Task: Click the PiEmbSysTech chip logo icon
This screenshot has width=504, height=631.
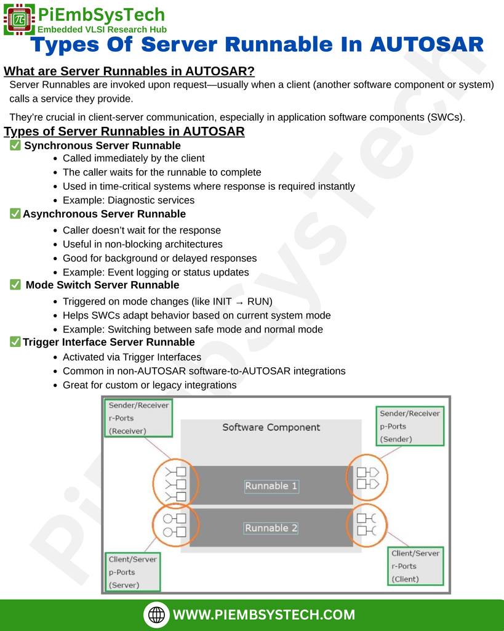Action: (x=19, y=19)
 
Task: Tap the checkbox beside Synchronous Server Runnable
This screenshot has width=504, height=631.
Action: (x=15, y=145)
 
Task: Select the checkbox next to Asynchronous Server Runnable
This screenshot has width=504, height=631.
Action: (x=15, y=213)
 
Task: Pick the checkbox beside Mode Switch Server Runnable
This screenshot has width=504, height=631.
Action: (x=15, y=285)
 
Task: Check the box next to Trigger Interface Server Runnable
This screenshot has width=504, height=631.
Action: (x=15, y=341)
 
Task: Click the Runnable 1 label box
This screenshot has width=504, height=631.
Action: (x=271, y=486)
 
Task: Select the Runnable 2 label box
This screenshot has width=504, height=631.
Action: (x=271, y=528)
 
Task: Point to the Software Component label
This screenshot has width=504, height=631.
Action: (x=271, y=428)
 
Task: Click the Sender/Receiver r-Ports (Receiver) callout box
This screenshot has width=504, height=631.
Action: (x=138, y=418)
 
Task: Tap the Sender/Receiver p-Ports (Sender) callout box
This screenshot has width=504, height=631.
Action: (x=410, y=426)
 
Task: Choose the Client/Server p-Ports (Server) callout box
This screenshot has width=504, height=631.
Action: (x=133, y=572)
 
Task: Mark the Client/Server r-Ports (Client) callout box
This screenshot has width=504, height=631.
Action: (x=415, y=566)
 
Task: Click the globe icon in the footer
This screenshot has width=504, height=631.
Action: (x=156, y=614)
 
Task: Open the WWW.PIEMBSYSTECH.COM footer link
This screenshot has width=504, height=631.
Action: (x=264, y=615)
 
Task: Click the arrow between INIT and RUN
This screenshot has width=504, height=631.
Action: (x=239, y=302)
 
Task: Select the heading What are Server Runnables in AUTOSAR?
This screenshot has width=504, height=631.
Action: (x=129, y=71)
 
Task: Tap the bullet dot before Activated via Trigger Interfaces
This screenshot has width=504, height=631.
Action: (x=55, y=358)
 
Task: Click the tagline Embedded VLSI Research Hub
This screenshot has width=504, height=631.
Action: (x=102, y=30)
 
